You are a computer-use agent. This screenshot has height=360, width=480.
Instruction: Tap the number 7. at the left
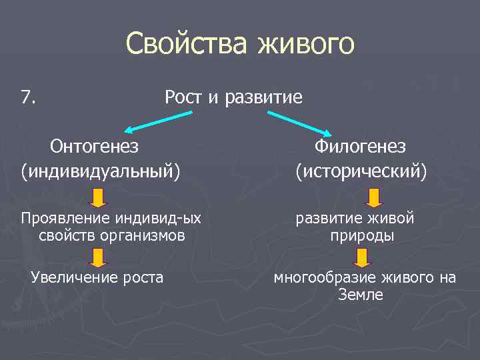pyautogui.click(x=29, y=98)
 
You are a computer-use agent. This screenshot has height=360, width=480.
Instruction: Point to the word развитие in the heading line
pyautogui.click(x=263, y=98)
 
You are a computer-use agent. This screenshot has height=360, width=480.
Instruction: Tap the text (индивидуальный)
pyautogui.click(x=101, y=171)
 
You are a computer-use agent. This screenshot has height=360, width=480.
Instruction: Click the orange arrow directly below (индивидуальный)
pyautogui.click(x=98, y=198)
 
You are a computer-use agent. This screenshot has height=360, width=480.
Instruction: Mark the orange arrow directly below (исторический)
pyautogui.click(x=373, y=197)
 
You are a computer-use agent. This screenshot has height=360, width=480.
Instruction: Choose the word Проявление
pyautogui.click(x=65, y=219)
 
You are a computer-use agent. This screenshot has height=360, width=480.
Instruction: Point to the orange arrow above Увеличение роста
pyautogui.click(x=98, y=257)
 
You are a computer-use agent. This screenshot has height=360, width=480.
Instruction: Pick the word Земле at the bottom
pyautogui.click(x=361, y=295)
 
